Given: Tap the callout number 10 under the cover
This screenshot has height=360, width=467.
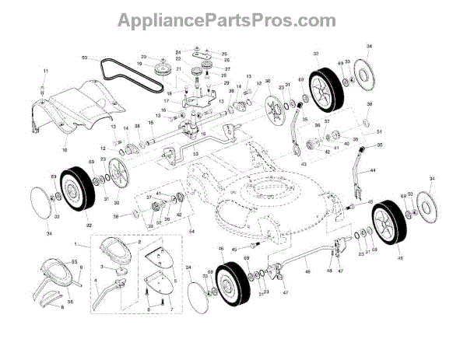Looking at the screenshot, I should (65, 149).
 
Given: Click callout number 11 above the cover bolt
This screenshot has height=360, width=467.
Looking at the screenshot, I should (45, 72).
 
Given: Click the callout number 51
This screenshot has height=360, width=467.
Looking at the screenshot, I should (380, 131).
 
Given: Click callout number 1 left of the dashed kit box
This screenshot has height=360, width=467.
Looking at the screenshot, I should (75, 246).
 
